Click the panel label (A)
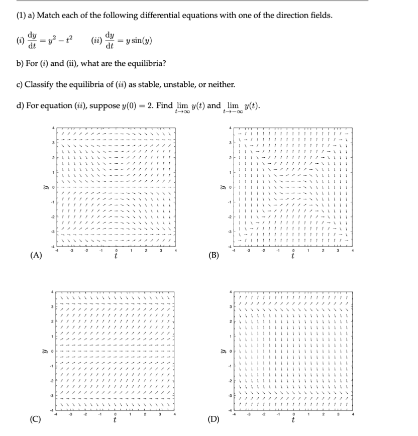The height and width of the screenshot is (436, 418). (x=34, y=255)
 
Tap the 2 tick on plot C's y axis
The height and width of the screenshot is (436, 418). (x=51, y=321)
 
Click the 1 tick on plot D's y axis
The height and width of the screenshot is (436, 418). (x=229, y=336)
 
